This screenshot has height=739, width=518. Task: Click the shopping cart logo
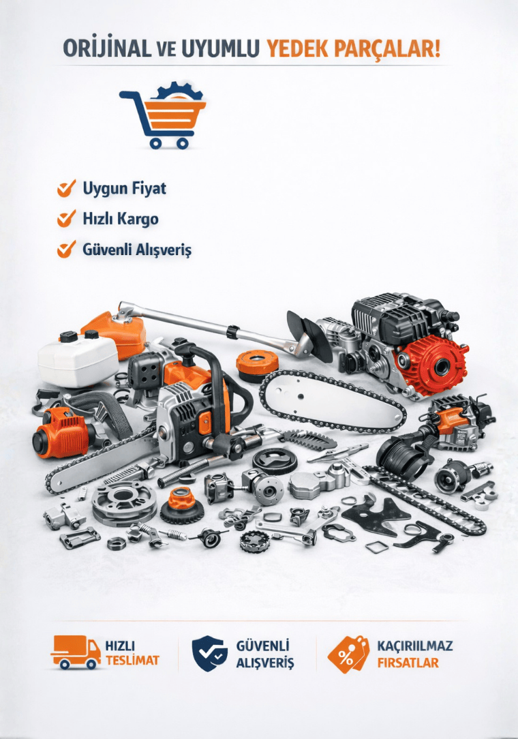tap(163, 115)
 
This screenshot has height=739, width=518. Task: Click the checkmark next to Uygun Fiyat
tap(67, 188)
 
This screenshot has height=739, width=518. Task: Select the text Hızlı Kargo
tap(120, 219)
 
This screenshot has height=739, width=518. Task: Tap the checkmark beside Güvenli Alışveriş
tap(67, 250)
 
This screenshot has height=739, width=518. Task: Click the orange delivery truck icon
tap(76, 652)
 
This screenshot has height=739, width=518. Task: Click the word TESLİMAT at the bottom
tap(132, 661)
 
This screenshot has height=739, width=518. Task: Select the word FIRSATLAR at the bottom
tap(408, 663)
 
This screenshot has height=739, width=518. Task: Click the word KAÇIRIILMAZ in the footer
tap(415, 645)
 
